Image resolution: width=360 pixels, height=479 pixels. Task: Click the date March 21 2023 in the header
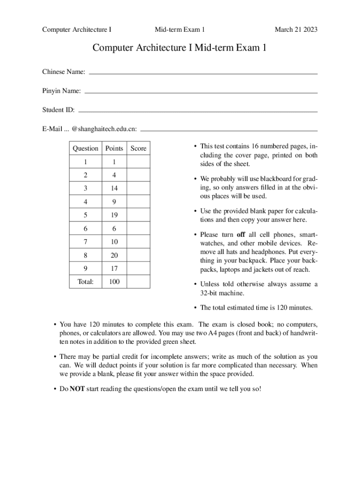click(296, 30)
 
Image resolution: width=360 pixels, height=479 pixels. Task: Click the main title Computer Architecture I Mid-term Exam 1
click(180, 48)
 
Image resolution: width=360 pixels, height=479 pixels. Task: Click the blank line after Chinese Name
click(203, 73)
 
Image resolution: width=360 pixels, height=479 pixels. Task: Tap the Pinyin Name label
click(61, 91)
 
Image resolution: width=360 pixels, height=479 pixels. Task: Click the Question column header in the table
click(86, 148)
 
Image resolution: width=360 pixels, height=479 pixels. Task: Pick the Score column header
click(138, 148)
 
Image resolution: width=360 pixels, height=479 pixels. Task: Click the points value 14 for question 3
click(114, 189)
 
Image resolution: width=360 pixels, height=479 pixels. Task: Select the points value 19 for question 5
click(114, 215)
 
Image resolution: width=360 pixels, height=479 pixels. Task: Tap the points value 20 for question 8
click(114, 255)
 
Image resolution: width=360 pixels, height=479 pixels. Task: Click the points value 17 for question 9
click(114, 269)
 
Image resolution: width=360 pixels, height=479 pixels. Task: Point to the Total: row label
click(86, 282)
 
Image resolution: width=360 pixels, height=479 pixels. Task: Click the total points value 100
click(114, 282)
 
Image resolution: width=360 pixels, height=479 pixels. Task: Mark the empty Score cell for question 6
click(138, 229)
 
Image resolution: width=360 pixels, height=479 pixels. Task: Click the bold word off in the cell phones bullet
click(241, 235)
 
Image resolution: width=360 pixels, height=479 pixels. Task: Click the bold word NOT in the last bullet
click(77, 389)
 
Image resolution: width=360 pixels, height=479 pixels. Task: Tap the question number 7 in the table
click(86, 242)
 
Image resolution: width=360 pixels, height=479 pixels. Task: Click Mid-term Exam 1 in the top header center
click(180, 30)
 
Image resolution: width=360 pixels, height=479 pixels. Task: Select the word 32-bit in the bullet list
click(210, 293)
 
